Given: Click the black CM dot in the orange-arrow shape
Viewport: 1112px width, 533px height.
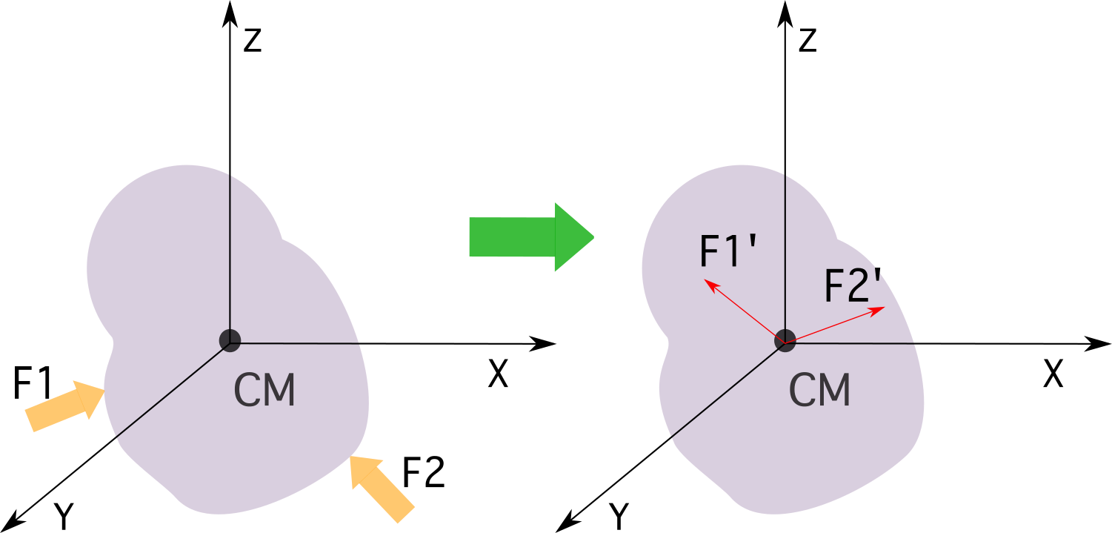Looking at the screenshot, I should pyautogui.click(x=230, y=341).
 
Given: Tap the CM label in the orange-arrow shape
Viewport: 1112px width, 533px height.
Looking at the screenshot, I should pyautogui.click(x=264, y=391).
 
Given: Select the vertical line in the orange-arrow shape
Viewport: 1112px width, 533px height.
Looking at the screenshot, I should pyautogui.click(x=230, y=252).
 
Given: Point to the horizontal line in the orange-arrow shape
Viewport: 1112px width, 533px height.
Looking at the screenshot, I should pyautogui.click(x=300, y=343).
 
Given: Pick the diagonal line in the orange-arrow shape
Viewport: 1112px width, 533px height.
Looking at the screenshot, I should pyautogui.click(x=170, y=391).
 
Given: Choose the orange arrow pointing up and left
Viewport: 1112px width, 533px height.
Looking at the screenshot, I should pyautogui.click(x=381, y=489).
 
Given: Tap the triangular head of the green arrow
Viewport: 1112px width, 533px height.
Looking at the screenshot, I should pyautogui.click(x=573, y=237).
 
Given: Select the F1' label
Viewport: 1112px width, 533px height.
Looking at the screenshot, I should pyautogui.click(x=729, y=252).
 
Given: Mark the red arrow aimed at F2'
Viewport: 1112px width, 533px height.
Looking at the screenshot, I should pyautogui.click(x=835, y=325).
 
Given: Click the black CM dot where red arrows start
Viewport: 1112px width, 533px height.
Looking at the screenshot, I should pyautogui.click(x=785, y=341).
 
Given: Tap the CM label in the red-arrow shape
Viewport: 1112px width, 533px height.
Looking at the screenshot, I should pyautogui.click(x=819, y=391).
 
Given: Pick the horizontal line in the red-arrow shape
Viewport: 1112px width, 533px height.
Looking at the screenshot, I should pyautogui.click(x=859, y=343).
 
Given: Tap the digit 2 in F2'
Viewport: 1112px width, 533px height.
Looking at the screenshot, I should pyautogui.click(x=858, y=287).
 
